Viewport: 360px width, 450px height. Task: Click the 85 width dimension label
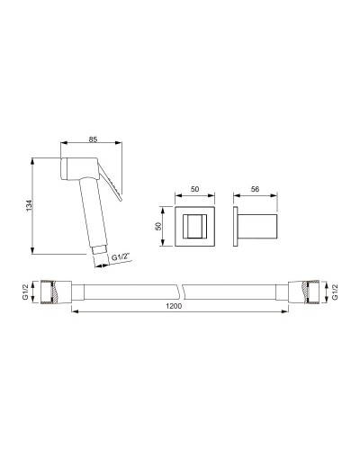click(x=93, y=139)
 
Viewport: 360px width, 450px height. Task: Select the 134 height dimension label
click(x=29, y=205)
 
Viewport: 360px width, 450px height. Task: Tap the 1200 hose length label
click(x=174, y=306)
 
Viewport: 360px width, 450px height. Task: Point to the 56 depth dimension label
click(x=255, y=189)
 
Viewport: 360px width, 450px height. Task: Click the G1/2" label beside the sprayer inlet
click(x=121, y=257)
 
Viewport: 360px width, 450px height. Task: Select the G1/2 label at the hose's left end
click(x=25, y=292)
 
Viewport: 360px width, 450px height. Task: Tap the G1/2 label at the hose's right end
click(x=335, y=292)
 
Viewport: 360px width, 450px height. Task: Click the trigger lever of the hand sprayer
click(x=110, y=180)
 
